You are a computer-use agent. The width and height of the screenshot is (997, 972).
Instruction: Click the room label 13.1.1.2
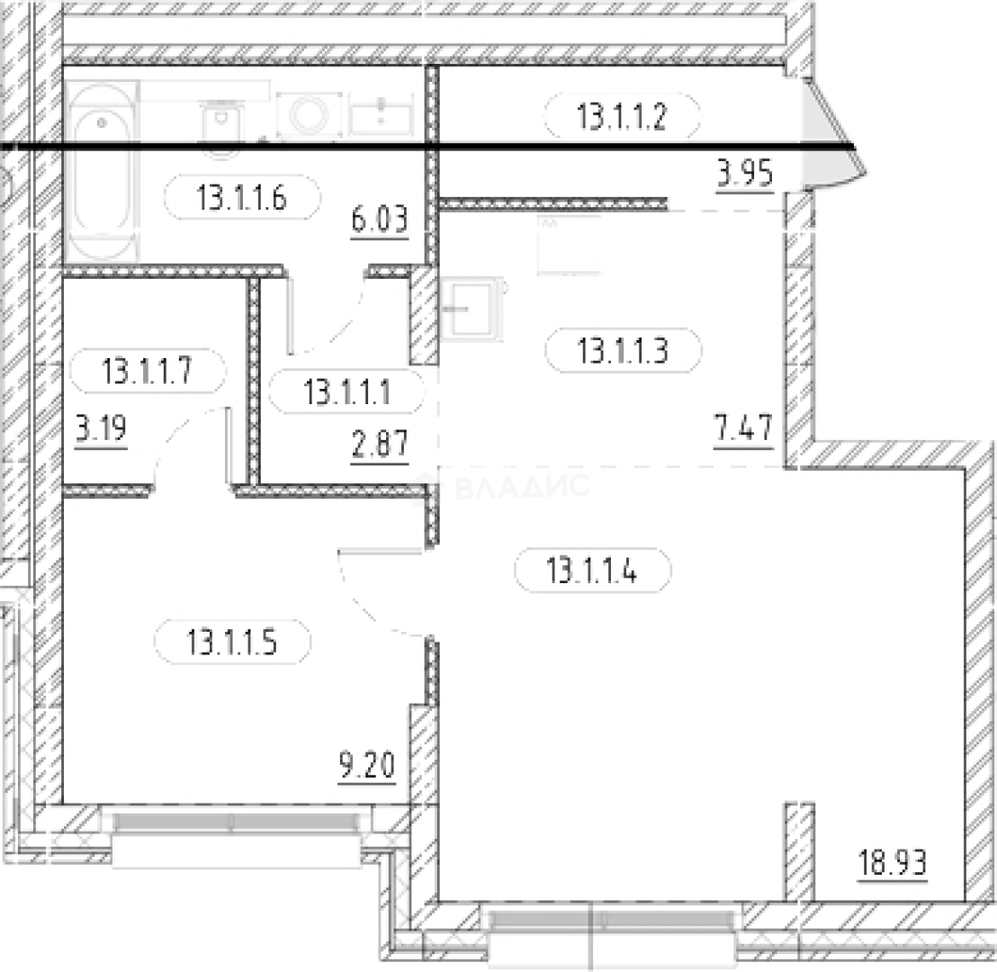622,117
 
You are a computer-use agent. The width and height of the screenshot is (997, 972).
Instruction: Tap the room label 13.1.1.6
242,198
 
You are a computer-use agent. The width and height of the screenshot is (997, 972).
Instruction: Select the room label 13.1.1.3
623,350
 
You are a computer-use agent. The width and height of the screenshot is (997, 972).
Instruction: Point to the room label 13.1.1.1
346,391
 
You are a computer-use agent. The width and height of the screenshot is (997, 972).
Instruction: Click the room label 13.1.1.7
147,370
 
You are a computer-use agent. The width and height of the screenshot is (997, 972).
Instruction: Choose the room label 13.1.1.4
592,570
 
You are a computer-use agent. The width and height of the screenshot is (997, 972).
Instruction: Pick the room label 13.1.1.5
232,642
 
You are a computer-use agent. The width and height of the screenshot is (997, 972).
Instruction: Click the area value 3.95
744,173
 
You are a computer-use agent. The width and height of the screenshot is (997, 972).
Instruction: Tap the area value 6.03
380,220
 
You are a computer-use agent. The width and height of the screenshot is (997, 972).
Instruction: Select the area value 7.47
743,427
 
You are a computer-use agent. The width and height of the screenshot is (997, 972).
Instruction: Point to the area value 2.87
380,444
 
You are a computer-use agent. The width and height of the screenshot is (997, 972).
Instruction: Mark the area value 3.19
101,428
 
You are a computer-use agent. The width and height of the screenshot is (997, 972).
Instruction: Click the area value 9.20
367,765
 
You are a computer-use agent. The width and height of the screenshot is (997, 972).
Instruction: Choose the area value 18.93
893,862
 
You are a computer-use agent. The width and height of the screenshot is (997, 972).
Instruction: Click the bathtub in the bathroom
101,171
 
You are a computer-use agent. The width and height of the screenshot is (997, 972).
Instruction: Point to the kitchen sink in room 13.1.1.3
472,310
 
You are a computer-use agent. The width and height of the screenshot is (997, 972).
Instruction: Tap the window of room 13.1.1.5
236,839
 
